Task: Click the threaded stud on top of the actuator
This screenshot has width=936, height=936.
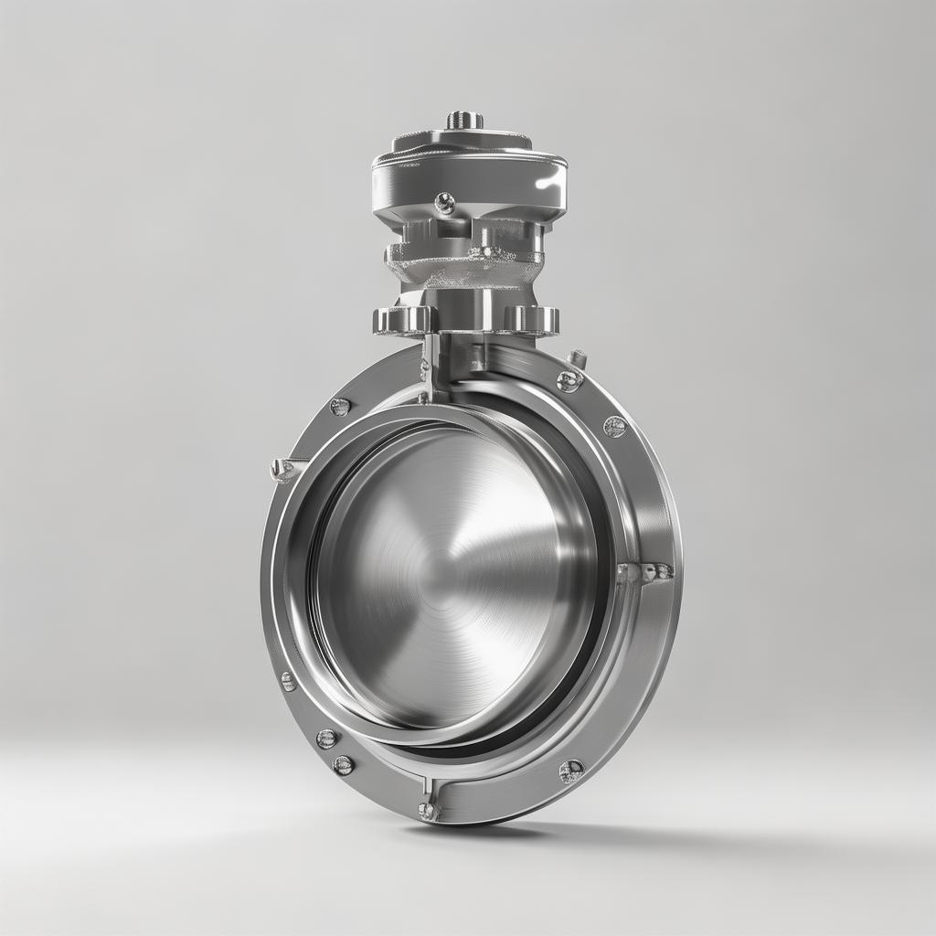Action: [x=464, y=120]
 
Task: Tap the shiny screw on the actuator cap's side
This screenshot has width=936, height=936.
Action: [x=445, y=203]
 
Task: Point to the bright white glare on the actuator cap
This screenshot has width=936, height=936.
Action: [x=548, y=181]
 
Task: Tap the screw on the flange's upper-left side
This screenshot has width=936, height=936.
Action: [x=340, y=407]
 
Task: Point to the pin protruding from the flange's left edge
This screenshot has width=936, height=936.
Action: [x=282, y=470]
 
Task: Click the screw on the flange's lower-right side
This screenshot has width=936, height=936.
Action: [x=571, y=771]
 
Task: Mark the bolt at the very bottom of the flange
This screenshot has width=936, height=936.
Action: [x=427, y=810]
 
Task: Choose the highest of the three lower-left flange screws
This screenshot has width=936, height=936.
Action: [x=288, y=681]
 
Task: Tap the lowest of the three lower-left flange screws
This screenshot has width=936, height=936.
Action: [x=343, y=765]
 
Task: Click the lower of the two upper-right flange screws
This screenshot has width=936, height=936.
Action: [x=615, y=426]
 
